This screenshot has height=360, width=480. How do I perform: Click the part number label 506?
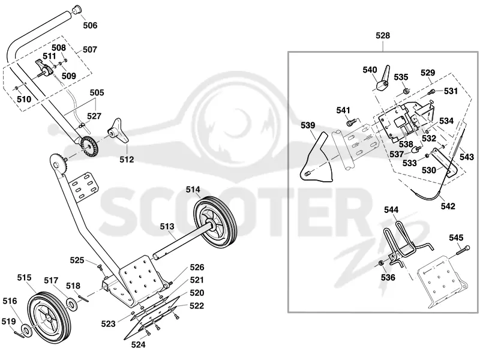(x=90, y=25)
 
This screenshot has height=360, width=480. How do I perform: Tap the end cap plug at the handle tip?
(x=77, y=9)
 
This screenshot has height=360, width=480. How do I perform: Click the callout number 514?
(x=193, y=190)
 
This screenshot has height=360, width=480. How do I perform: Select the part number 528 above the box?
(x=383, y=36)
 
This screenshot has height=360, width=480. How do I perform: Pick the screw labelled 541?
(x=351, y=123)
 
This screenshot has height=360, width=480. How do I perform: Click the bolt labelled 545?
(x=463, y=250)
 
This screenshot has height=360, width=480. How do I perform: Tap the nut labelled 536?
(x=381, y=263)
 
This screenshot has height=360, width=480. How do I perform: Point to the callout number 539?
(x=308, y=125)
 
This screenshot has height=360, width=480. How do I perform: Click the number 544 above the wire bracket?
(x=391, y=210)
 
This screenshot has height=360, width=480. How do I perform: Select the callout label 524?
(x=138, y=345)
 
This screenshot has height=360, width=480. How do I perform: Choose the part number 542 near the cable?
(x=448, y=206)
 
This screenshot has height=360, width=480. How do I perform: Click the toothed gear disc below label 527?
(x=89, y=145)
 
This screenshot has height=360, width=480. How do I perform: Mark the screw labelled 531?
(x=431, y=91)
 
